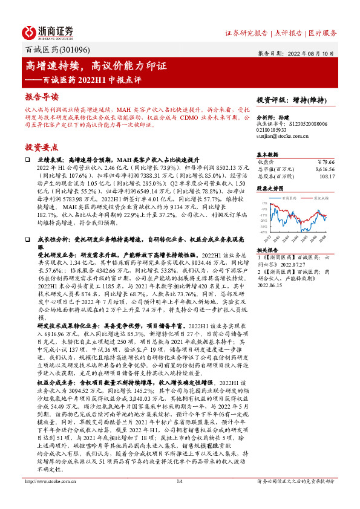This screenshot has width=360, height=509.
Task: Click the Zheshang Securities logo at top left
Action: pos(48,31)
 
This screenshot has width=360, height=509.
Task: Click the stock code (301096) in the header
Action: pos(68,52)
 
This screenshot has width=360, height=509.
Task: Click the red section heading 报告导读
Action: pos(42,97)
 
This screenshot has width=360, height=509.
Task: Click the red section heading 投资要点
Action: pos(42,147)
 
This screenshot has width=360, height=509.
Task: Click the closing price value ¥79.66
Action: pos(326,161)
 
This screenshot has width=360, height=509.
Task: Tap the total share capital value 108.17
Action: pos(327,177)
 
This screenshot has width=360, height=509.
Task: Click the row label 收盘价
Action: pos(266,161)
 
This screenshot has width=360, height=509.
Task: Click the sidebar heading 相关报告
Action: pos(267,250)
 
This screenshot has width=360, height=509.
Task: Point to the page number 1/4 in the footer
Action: pos(179,498)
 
